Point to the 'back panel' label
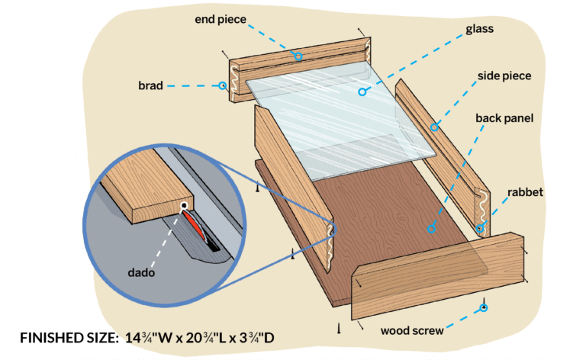click(x=504, y=119)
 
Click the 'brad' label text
click(x=150, y=86)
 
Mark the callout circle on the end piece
click(x=298, y=56)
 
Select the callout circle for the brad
click(x=223, y=86)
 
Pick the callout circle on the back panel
click(x=430, y=227)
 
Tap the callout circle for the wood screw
click(x=483, y=308)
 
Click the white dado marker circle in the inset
click(x=184, y=206)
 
